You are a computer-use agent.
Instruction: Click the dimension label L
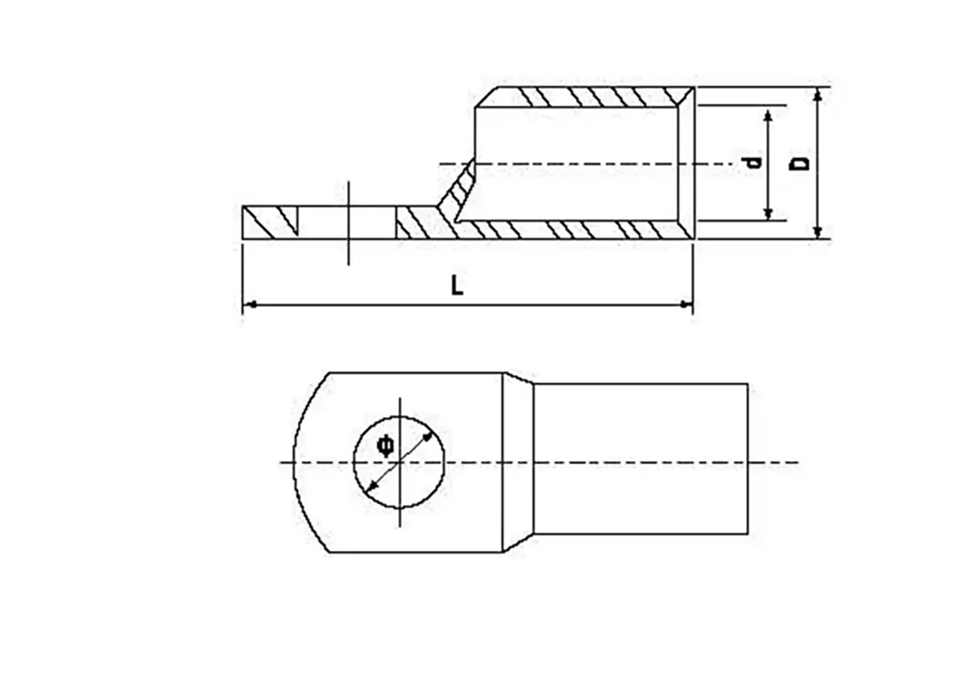point(458,285)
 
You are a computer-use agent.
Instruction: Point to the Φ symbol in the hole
point(386,445)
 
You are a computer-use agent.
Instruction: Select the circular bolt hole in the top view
point(400,463)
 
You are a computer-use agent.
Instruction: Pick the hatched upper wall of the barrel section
point(583,96)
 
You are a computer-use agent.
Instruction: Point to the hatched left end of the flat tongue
point(271,222)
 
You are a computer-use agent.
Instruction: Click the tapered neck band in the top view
point(518,463)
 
